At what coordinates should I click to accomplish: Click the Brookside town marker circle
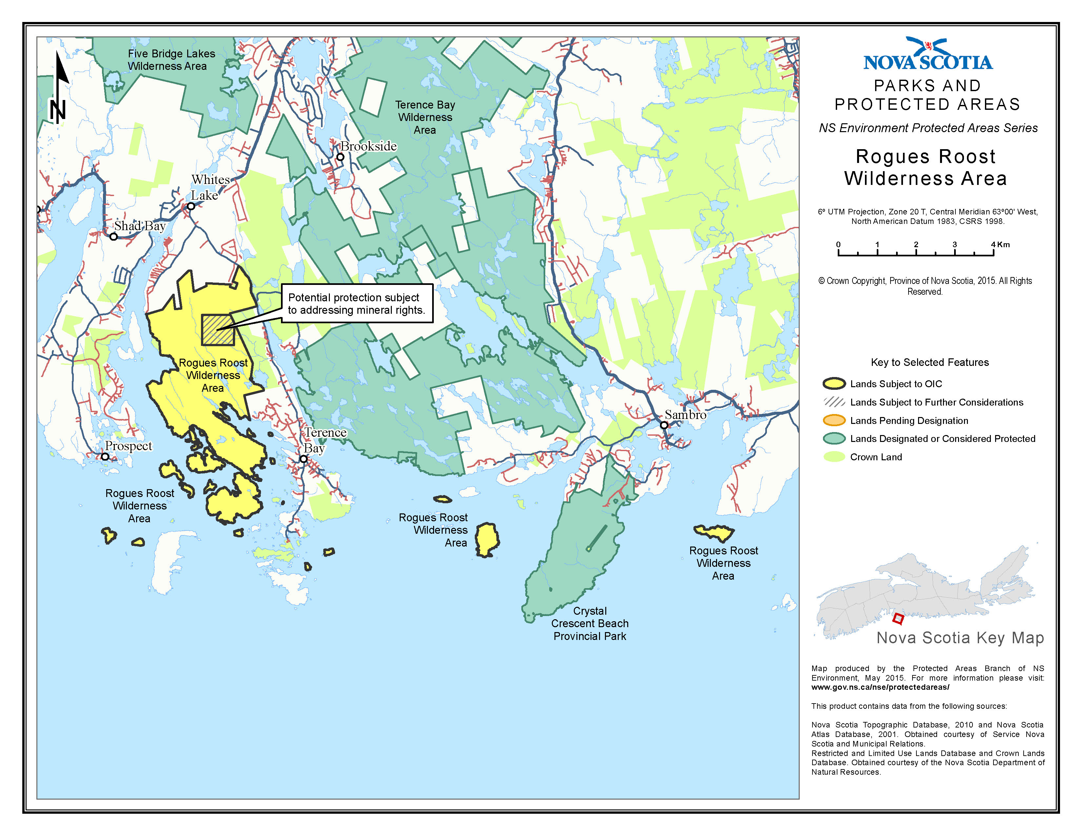click(340, 157)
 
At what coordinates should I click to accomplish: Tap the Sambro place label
click(685, 414)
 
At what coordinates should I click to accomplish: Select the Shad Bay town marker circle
click(113, 237)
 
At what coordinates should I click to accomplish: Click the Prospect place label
click(128, 446)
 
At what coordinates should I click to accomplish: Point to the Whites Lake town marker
click(191, 206)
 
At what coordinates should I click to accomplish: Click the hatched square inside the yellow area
click(217, 330)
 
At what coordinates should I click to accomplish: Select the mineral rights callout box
click(357, 304)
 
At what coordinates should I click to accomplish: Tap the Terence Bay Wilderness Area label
click(425, 117)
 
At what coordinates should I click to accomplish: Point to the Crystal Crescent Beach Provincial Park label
click(590, 624)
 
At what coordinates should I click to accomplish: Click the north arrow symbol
click(59, 89)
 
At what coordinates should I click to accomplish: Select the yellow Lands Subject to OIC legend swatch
click(834, 384)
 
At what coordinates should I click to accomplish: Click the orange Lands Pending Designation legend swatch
click(834, 421)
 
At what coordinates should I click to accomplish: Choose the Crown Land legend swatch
click(834, 457)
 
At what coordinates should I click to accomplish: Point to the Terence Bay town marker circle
click(304, 459)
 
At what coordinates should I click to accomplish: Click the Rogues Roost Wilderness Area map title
click(926, 168)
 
